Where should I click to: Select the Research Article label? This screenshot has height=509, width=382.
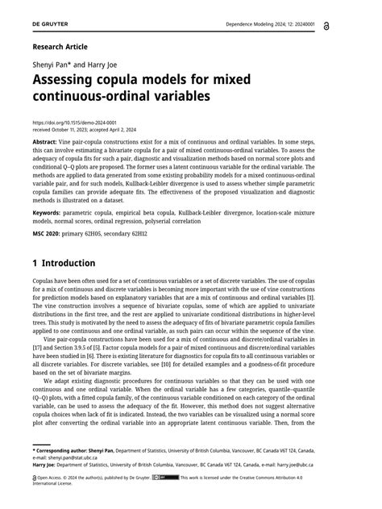pos(60,47)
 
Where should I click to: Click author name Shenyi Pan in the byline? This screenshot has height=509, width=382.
pos(53,65)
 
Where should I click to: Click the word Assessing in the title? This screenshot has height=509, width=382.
pos(71,81)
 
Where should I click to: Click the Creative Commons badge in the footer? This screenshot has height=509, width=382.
pos(169,478)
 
